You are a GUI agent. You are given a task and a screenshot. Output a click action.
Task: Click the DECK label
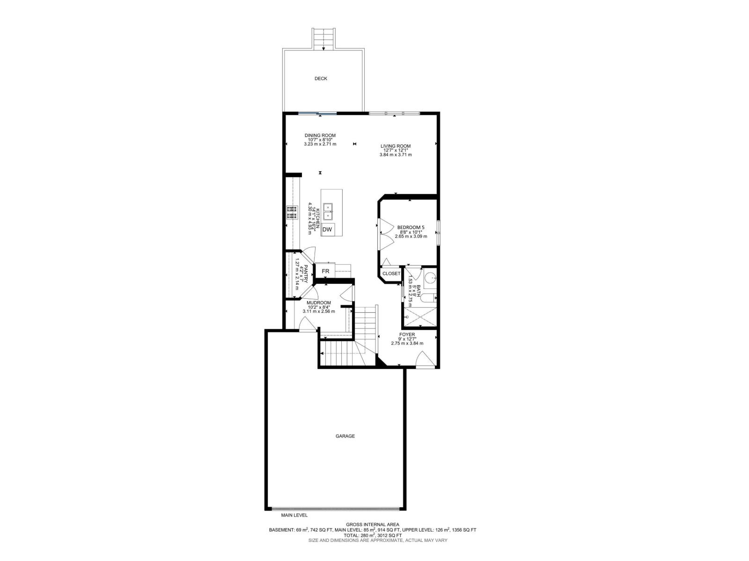[321, 79]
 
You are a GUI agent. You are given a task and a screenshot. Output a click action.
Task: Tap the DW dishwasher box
[328, 230]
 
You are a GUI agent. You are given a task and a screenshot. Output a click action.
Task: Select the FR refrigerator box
[325, 271]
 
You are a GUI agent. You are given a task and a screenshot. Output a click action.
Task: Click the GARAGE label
[345, 436]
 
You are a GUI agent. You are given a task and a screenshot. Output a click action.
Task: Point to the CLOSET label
[391, 273]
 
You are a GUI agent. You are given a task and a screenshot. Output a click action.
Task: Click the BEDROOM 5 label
[411, 228]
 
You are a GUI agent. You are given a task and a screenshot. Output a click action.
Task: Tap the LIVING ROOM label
[396, 146]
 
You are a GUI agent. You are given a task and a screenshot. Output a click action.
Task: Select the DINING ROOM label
[320, 136]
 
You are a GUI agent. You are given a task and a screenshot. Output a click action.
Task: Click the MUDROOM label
[319, 303]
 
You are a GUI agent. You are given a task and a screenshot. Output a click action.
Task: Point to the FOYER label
[407, 335]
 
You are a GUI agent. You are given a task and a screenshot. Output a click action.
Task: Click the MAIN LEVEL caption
[294, 515]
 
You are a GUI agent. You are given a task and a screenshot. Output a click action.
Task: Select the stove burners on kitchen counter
[292, 213]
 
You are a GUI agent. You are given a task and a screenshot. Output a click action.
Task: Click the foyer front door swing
[425, 360]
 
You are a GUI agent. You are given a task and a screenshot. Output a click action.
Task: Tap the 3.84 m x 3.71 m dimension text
[396, 155]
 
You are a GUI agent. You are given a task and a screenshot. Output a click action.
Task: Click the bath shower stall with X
[420, 317]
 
